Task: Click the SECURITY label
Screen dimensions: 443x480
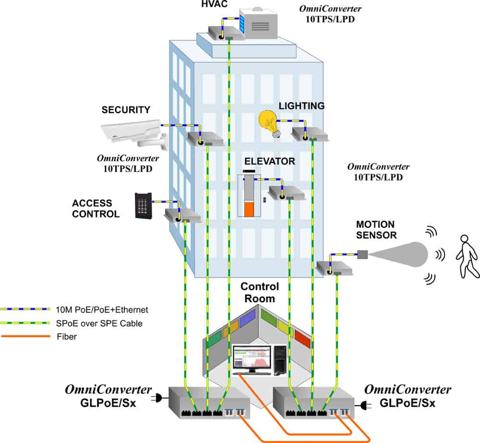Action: (126, 110)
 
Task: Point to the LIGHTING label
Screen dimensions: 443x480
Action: (301, 106)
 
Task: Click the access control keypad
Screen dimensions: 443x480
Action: (144, 205)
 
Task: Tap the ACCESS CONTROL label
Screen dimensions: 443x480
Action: (96, 209)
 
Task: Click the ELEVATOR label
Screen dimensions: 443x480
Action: (269, 162)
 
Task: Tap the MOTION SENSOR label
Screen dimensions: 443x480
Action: (376, 230)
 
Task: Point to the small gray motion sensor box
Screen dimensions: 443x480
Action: (362, 254)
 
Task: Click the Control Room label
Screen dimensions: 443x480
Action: (260, 292)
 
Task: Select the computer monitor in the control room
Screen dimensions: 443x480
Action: (251, 359)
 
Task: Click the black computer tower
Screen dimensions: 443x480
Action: (281, 360)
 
